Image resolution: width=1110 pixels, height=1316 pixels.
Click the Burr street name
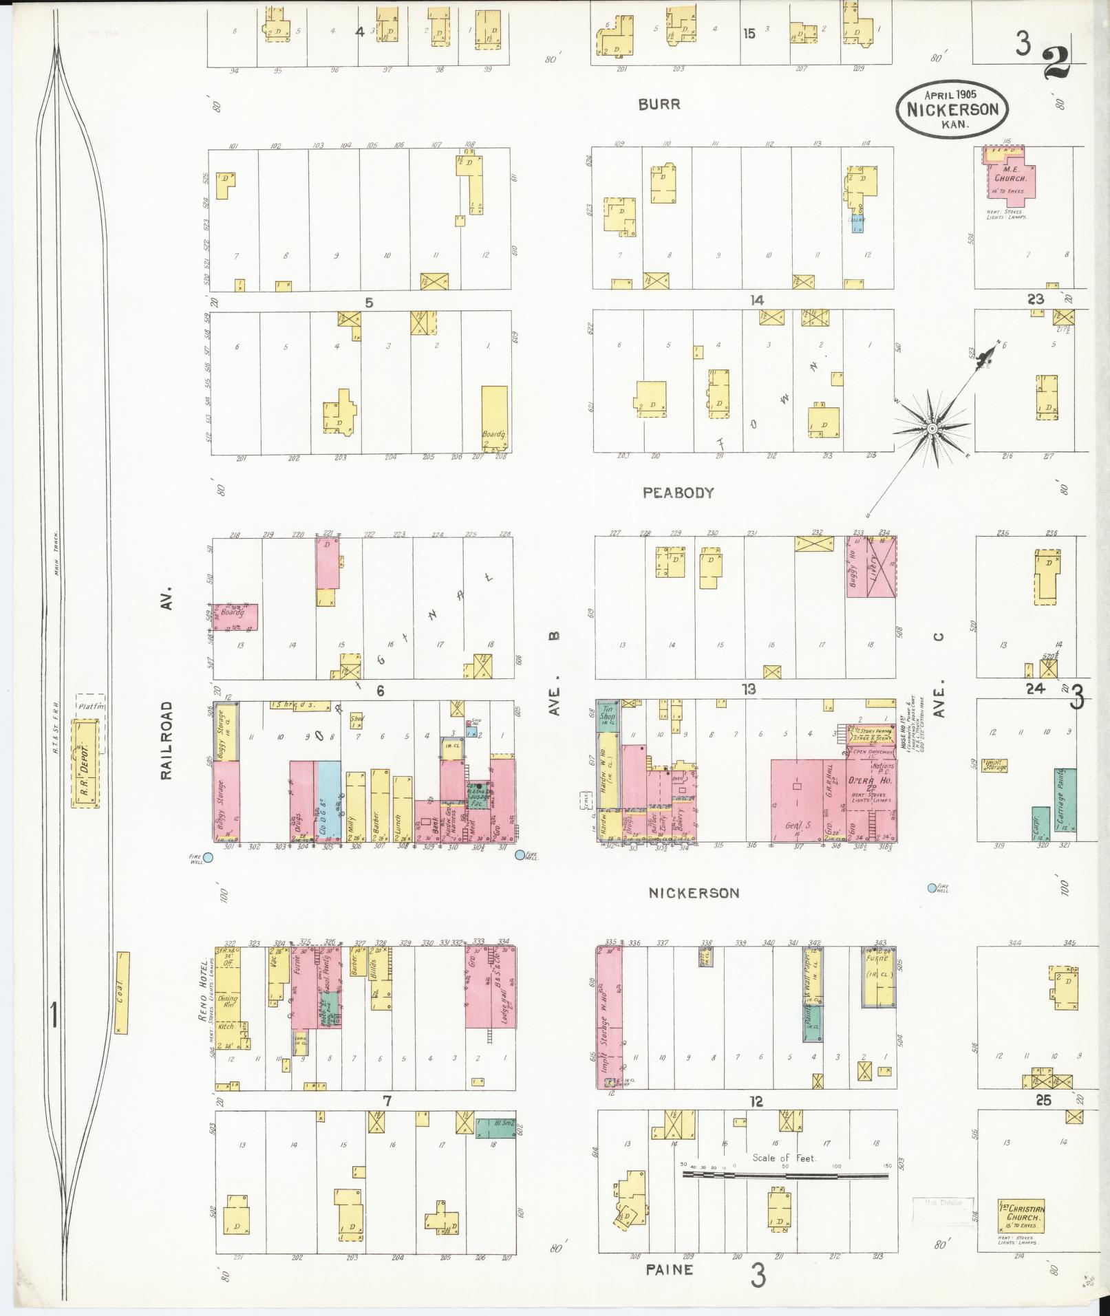(x=659, y=105)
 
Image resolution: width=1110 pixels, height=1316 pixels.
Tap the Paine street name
(x=669, y=1269)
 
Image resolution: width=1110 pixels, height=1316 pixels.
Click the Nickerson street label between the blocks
(x=695, y=893)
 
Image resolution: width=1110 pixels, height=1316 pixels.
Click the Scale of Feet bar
(x=785, y=1176)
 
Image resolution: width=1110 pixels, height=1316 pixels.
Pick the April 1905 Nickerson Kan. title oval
(x=951, y=108)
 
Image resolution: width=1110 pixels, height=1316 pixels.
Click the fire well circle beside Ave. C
(x=932, y=888)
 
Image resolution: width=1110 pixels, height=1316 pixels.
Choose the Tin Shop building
(x=608, y=712)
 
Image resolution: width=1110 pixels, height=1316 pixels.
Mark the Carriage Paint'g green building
(x=1065, y=801)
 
